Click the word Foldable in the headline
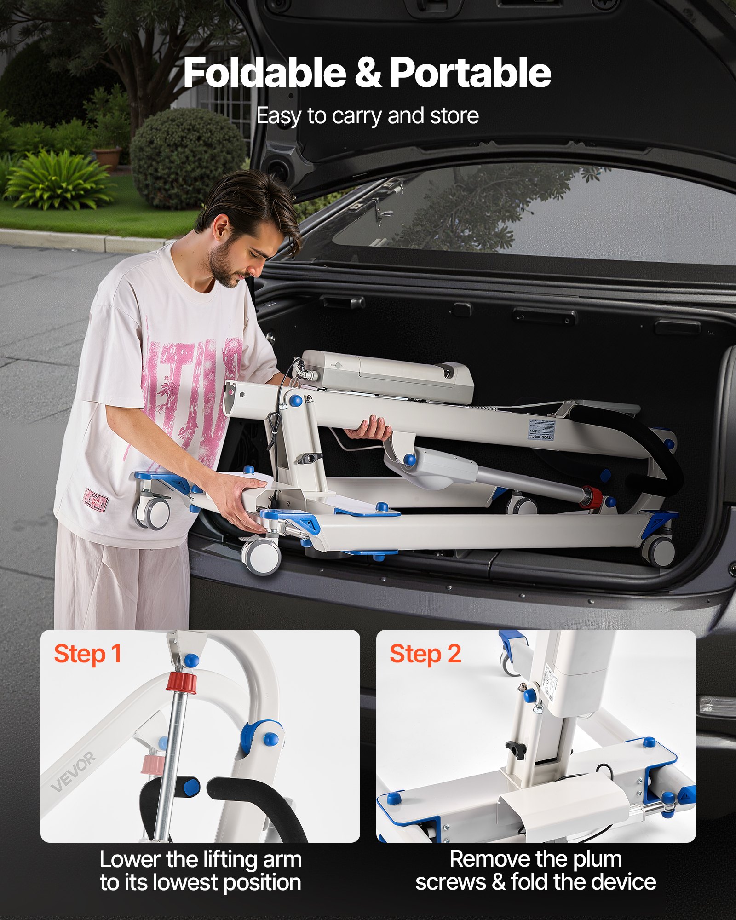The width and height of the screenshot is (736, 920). (264, 73)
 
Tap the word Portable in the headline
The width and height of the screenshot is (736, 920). (470, 73)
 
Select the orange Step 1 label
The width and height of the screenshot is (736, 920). (87, 654)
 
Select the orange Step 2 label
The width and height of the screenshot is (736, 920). (425, 654)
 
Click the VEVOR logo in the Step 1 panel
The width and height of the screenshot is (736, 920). (74, 771)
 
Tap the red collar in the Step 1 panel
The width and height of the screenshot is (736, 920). (181, 682)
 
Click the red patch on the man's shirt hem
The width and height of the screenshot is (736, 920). (95, 500)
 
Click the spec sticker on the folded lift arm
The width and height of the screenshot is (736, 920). (541, 430)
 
